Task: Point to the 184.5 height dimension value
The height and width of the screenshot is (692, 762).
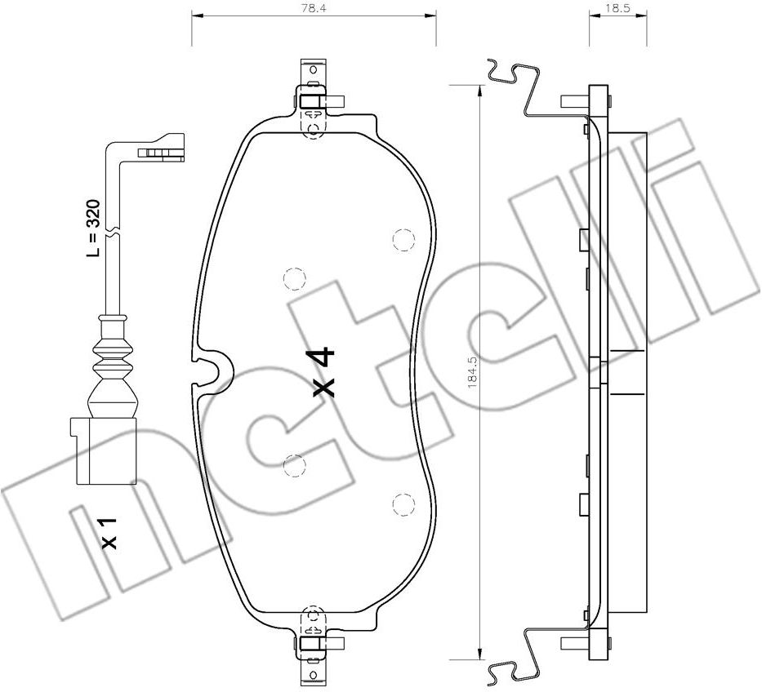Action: point(472,371)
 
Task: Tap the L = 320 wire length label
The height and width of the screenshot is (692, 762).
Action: point(93,228)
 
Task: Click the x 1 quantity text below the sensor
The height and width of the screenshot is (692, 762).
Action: point(109,532)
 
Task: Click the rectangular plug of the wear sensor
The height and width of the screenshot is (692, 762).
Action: point(104,450)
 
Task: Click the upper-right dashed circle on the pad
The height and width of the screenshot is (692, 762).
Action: point(403,239)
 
